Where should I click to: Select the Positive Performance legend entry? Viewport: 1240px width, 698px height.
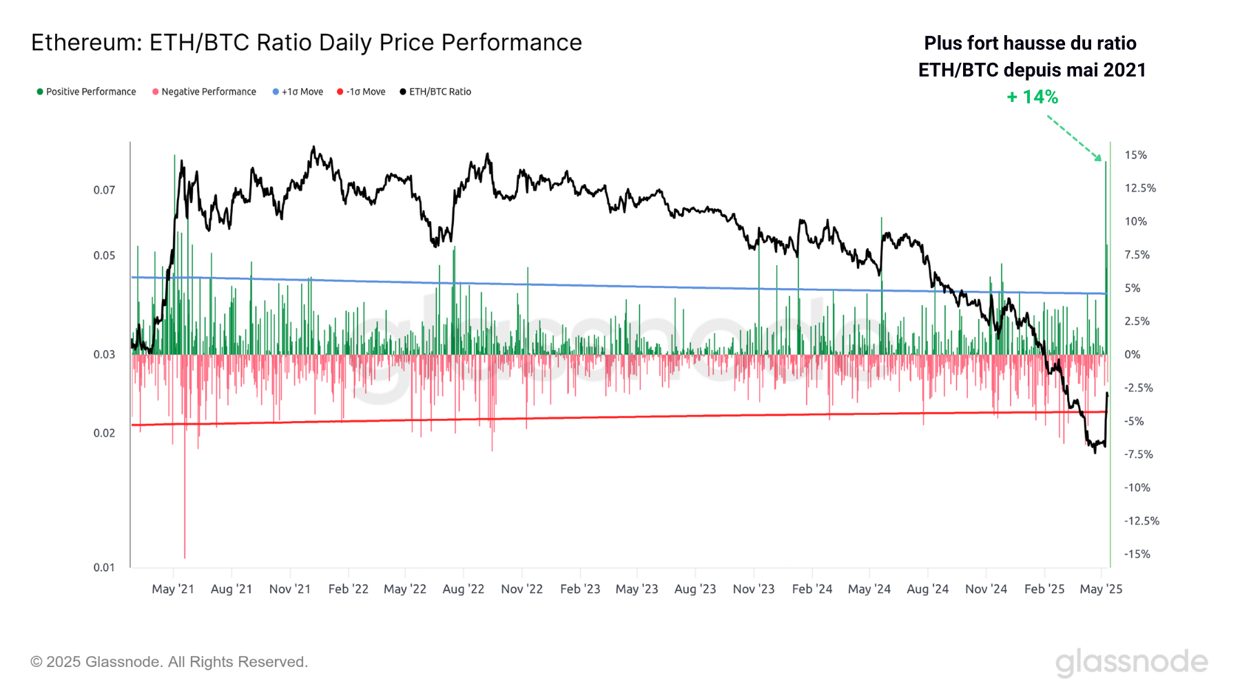click(86, 92)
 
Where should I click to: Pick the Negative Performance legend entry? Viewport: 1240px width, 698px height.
click(204, 92)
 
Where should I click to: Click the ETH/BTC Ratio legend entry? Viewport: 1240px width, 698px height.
click(435, 92)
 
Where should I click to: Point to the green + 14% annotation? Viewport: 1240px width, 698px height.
click(1032, 97)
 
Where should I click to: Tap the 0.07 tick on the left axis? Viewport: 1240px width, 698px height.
click(104, 190)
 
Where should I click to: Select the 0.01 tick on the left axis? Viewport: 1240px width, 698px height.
click(104, 567)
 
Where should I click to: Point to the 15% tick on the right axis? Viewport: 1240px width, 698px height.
click(1135, 155)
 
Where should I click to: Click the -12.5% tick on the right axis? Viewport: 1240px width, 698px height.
click(1141, 521)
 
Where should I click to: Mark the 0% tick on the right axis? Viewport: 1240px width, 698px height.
click(1133, 354)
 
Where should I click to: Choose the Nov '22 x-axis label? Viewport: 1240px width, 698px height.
click(521, 589)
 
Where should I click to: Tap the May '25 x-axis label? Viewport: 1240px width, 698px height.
click(1101, 589)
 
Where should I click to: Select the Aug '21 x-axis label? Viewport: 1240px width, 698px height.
click(231, 589)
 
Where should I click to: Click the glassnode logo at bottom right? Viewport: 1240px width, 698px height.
click(1131, 662)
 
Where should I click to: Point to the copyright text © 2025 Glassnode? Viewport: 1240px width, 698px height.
click(169, 661)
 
